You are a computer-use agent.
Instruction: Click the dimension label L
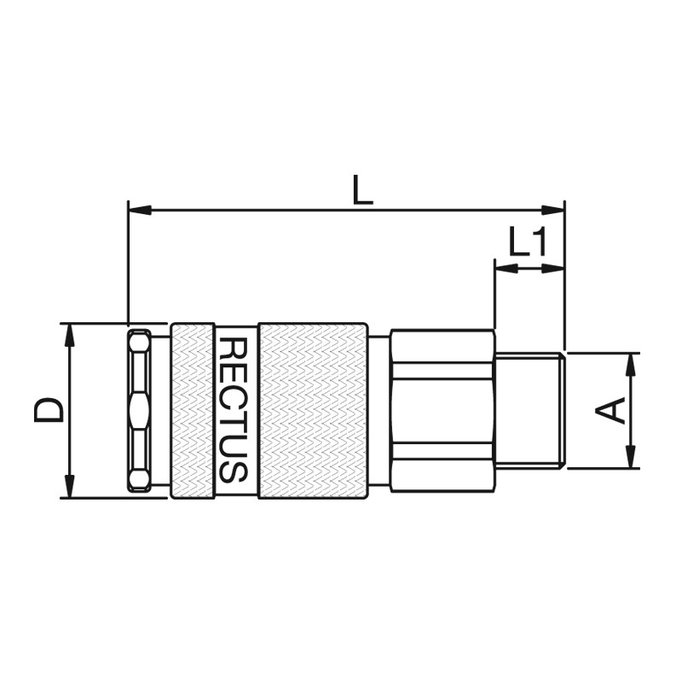click(362, 189)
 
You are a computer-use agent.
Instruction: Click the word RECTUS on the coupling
click(233, 410)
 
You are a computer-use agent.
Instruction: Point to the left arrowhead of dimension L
click(140, 210)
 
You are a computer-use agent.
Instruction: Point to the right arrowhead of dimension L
click(552, 210)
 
